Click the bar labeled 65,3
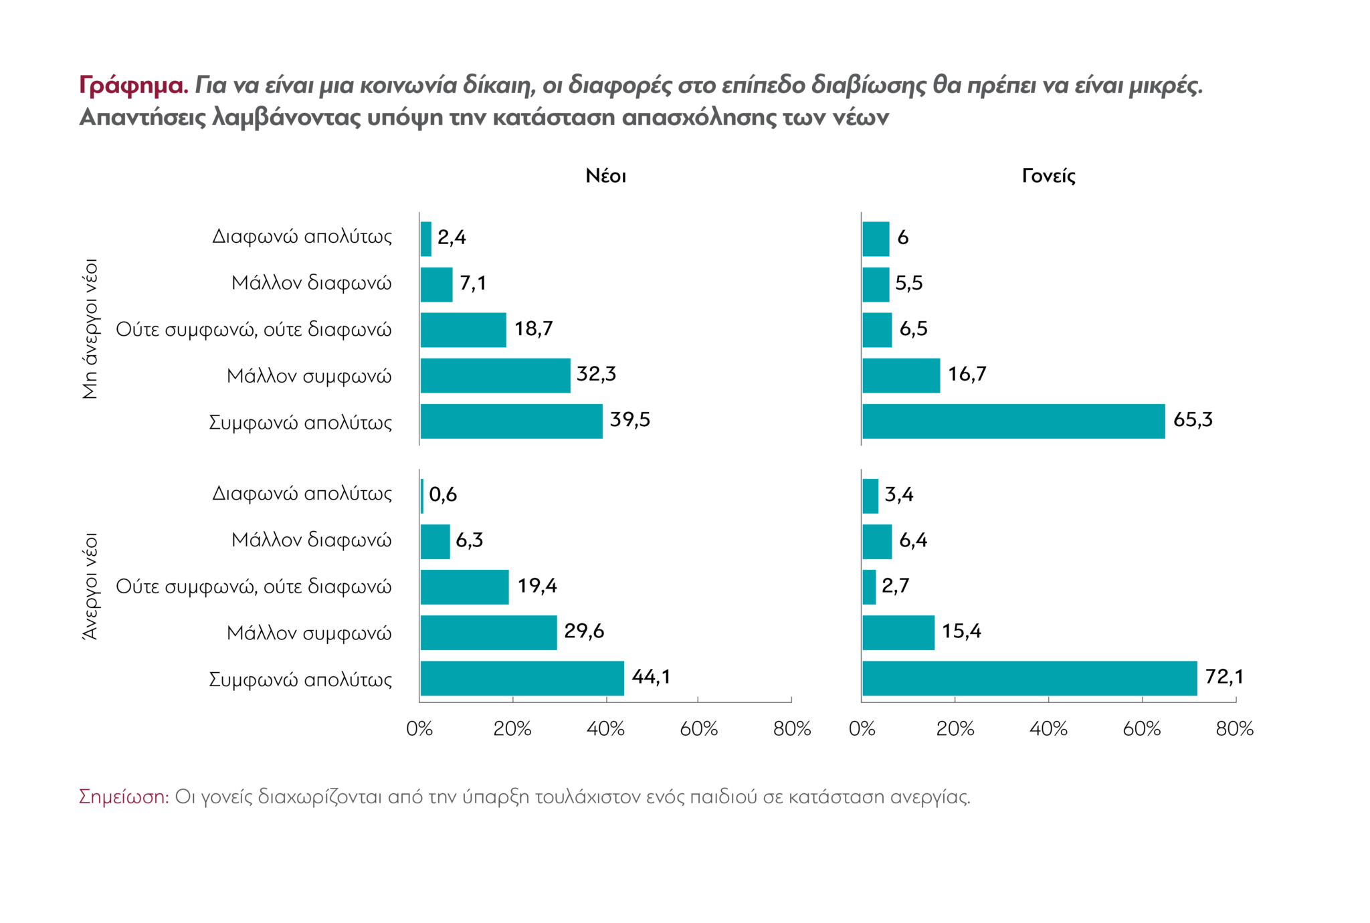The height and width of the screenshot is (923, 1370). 1013,421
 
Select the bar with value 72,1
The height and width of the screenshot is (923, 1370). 1029,678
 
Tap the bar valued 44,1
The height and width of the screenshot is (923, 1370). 522,678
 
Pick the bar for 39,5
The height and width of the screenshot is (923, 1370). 511,421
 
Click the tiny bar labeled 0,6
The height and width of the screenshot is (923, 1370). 422,496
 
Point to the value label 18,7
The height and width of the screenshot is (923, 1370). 533,329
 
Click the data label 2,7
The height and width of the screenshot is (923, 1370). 895,586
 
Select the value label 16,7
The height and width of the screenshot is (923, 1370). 967,375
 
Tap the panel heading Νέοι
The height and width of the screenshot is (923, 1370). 605,176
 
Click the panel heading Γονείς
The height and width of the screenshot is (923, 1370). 1048,176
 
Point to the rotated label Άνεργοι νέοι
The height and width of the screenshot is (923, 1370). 90,587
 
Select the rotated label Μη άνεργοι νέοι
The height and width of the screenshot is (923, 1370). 90,329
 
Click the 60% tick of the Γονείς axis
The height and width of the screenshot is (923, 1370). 1141,729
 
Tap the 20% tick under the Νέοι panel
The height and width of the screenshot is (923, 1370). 512,729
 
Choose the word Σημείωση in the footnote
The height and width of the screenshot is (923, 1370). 124,797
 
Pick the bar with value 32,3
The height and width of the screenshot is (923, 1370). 495,376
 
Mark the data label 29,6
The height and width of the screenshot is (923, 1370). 584,631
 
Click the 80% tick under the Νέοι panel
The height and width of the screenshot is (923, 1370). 791,729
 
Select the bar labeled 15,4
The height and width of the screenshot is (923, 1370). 898,633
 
